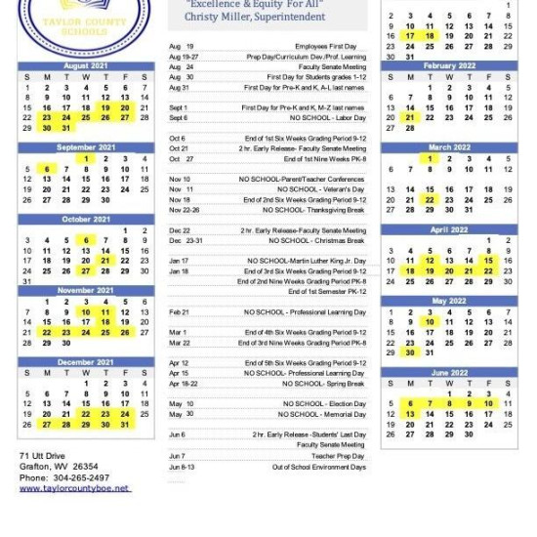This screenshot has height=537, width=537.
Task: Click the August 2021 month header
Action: (85, 66)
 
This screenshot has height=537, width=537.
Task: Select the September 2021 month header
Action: (85, 147)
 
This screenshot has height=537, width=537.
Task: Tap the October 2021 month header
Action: (85, 220)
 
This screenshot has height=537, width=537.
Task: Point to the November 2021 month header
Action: (85, 291)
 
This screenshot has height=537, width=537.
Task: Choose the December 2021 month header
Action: (85, 362)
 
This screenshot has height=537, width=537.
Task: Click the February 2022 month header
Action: (448, 66)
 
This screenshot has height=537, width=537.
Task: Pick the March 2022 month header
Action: (448, 147)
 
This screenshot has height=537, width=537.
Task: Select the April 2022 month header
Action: (448, 229)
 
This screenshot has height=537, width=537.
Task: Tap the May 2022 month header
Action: (448, 301)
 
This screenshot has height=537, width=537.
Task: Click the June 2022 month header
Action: (448, 373)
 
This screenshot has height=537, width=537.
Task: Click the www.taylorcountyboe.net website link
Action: (73, 487)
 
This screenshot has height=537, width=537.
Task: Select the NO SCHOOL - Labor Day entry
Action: (323, 118)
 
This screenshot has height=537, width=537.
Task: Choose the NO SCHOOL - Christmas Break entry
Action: (317, 240)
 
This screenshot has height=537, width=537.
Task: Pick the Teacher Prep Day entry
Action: (339, 456)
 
